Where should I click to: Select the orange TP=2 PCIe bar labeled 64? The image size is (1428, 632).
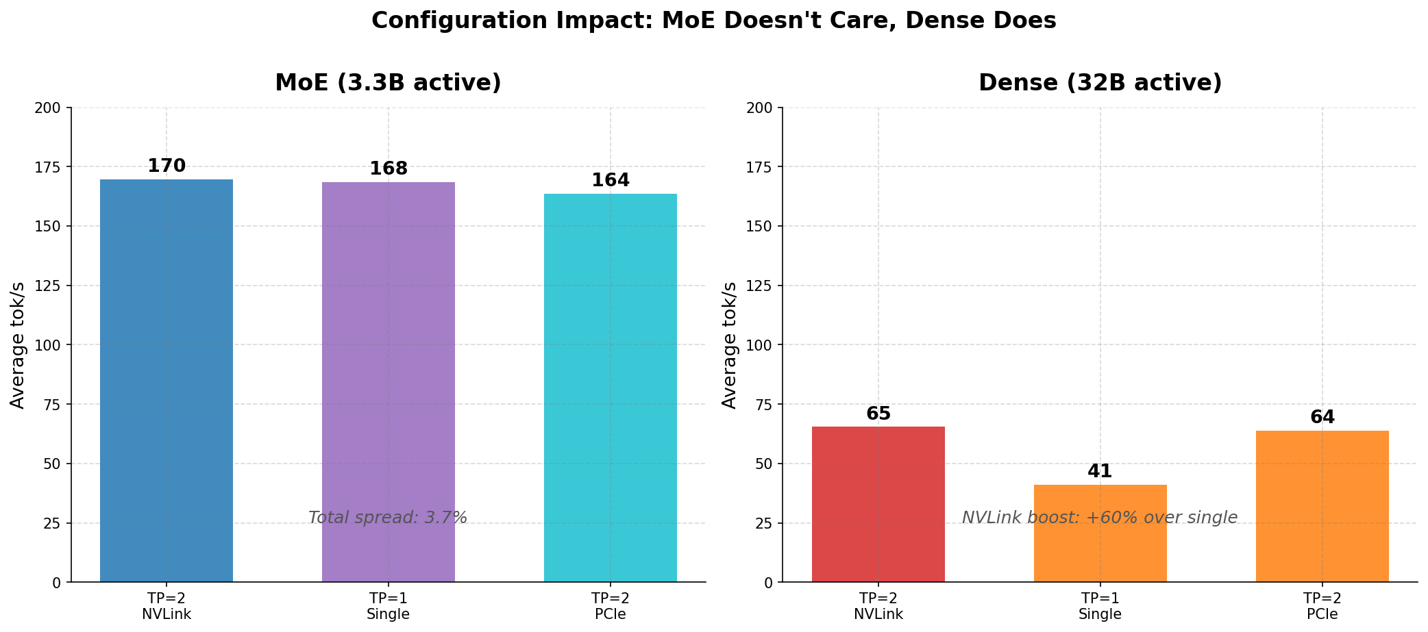(x=1322, y=506)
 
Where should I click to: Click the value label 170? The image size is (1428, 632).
(x=167, y=166)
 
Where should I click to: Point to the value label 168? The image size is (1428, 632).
(x=389, y=169)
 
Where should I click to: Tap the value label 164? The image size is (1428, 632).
(x=611, y=181)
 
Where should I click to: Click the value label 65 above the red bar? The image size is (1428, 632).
(x=878, y=414)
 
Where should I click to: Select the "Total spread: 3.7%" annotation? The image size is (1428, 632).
(x=388, y=518)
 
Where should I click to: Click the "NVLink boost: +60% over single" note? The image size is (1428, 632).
(x=1100, y=518)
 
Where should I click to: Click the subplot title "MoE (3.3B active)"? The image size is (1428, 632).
(x=388, y=83)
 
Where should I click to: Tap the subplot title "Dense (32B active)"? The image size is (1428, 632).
(x=1100, y=83)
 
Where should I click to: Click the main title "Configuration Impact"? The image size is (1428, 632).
(x=713, y=21)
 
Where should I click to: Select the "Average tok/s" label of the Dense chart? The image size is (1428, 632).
(x=730, y=345)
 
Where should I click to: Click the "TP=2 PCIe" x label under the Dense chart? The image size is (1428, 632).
(x=1322, y=606)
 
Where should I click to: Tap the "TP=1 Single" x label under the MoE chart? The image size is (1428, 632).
(x=389, y=606)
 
